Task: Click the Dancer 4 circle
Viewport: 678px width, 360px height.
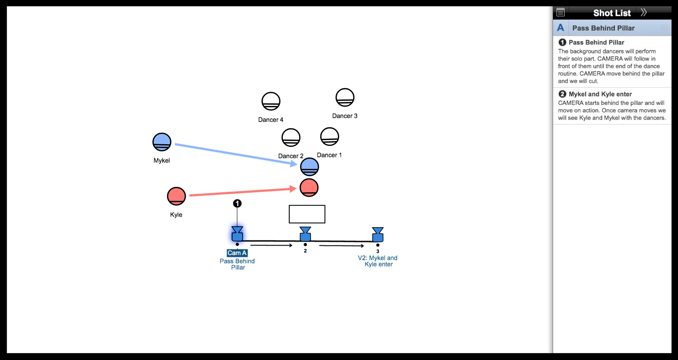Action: (271, 101)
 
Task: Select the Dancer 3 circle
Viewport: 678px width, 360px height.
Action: (345, 97)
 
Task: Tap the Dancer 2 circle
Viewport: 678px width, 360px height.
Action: (291, 138)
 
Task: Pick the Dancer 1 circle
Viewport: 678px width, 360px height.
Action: (330, 136)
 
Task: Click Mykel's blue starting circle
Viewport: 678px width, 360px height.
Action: (162, 142)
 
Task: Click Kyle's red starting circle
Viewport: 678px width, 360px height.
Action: (176, 196)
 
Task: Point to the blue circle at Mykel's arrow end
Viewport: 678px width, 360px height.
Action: (309, 167)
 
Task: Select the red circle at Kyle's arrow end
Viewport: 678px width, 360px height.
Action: (309, 187)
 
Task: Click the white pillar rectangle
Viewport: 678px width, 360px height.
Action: (307, 214)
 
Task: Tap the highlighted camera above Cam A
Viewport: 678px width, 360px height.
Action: (237, 234)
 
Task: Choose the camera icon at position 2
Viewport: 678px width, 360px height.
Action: (305, 234)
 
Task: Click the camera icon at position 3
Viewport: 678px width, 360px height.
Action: (378, 235)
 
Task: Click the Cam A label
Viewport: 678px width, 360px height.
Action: (237, 253)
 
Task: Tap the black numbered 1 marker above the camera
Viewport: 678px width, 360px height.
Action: (237, 203)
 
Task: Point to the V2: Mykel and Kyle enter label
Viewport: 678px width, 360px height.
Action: (378, 261)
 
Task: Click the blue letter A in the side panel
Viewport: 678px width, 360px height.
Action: (561, 28)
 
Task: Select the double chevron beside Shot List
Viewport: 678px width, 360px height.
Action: (644, 12)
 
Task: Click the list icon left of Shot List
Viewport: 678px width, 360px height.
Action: (560, 12)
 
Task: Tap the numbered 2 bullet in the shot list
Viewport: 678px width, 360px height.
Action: (562, 94)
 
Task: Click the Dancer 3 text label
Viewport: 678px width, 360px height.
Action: (345, 116)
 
